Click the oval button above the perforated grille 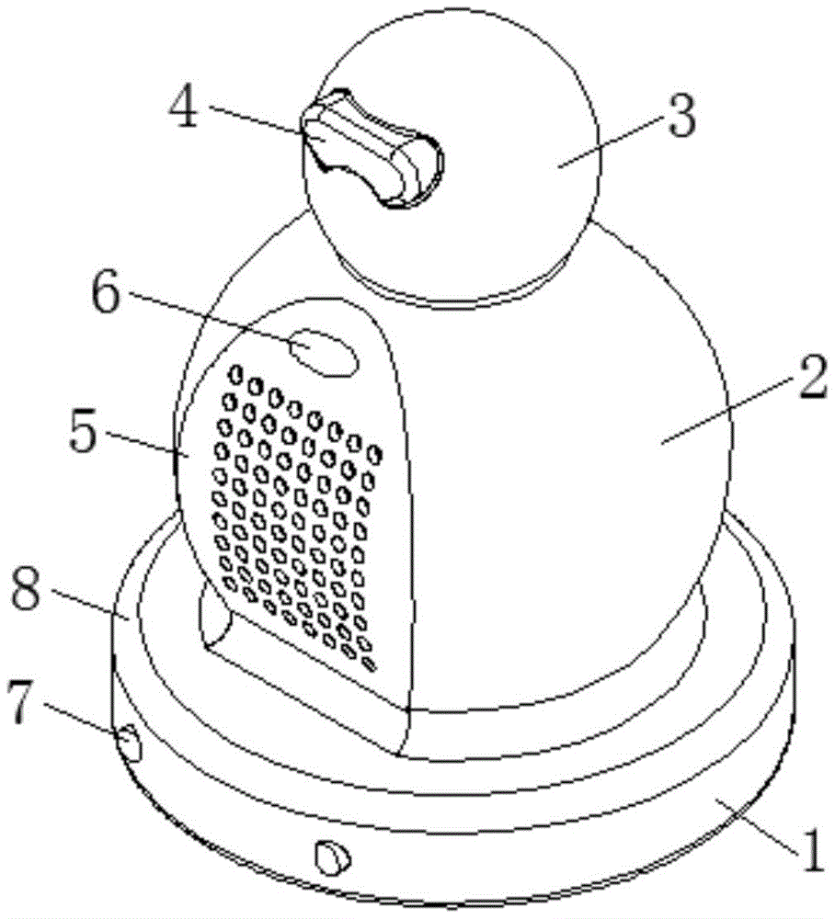point(323,354)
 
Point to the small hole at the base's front point(332,857)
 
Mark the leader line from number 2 point(726,414)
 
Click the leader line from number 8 point(87,606)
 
